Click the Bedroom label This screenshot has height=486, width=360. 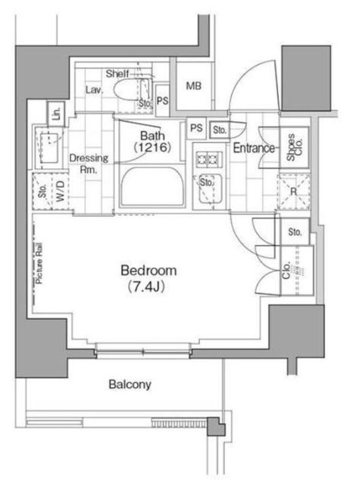(149, 271)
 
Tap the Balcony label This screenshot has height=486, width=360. (130, 385)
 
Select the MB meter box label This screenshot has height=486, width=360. (193, 86)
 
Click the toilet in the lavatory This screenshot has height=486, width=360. (127, 90)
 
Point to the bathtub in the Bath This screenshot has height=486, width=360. (152, 186)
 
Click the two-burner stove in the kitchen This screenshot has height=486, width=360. (209, 160)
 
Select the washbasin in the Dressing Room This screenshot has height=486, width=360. (50, 148)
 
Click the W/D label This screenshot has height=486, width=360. (61, 191)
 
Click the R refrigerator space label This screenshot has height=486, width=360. (293, 191)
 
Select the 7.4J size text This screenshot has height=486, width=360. (146, 287)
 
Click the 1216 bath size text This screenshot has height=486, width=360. (152, 147)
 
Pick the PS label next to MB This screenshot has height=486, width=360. (163, 100)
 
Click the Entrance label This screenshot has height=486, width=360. (254, 148)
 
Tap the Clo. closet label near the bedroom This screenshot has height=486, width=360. (287, 270)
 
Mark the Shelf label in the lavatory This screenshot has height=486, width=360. (117, 74)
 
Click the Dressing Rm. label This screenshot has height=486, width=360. (89, 164)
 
